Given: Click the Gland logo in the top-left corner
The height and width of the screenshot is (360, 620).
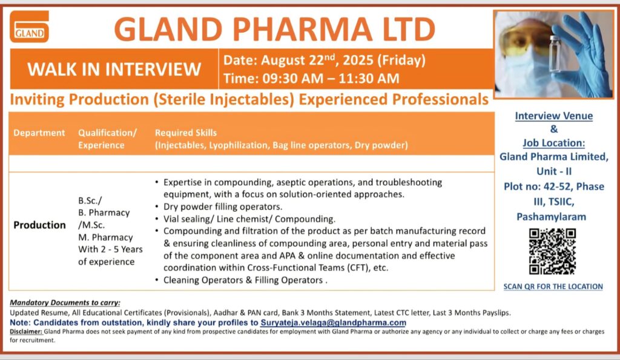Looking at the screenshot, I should point(29,27).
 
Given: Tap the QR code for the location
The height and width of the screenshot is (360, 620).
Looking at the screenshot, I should point(552,251).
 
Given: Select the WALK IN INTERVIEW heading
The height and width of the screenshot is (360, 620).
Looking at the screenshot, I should point(114,69).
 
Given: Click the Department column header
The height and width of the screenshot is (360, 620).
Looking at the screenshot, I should point(39,133).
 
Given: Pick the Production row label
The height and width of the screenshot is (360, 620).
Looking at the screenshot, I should point(40,225).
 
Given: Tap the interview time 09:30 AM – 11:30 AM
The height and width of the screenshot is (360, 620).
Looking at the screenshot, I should point(311,78).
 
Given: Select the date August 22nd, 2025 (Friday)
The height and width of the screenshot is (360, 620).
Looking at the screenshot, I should point(325,60).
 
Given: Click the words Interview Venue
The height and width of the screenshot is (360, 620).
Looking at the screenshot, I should point(554,116).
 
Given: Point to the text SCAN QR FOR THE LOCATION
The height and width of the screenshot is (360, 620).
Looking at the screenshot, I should point(553,286).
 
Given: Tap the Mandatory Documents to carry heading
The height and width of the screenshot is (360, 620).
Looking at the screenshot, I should point(65,303).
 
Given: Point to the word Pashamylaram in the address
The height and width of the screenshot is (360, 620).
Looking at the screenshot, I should point(552,217).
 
